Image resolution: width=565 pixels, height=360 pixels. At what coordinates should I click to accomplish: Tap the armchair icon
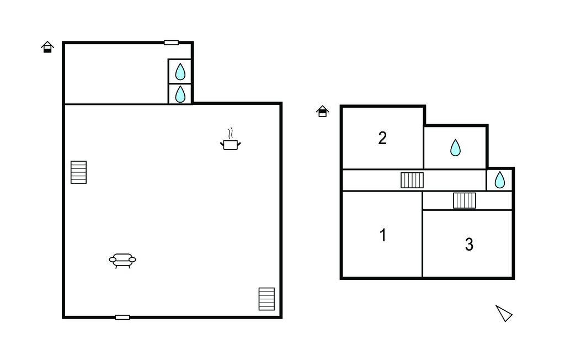point(122,261)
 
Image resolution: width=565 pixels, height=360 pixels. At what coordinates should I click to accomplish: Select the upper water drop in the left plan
point(180,72)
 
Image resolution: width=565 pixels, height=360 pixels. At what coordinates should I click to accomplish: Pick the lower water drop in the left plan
point(180,94)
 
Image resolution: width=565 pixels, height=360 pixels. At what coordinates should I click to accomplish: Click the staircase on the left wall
point(78,172)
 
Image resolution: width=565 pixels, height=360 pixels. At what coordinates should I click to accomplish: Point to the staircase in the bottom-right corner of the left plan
point(266,299)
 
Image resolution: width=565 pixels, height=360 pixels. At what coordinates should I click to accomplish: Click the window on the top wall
point(171,43)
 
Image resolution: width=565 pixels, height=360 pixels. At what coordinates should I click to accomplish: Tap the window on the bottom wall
point(122,317)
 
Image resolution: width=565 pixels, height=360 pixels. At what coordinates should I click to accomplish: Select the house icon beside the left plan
point(47,47)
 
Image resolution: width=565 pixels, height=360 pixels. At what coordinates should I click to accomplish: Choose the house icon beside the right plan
point(322,112)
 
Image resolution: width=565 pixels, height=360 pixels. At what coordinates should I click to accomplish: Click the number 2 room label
point(382,138)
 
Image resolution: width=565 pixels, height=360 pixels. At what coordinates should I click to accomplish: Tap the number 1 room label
point(383,235)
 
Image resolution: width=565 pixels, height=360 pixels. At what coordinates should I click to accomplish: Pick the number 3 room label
point(469,245)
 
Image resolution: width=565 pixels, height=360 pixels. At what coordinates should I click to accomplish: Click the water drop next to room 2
point(455,147)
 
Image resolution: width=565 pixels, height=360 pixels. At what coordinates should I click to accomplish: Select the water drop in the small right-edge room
point(500,179)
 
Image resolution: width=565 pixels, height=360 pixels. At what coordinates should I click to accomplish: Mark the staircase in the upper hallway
point(412,180)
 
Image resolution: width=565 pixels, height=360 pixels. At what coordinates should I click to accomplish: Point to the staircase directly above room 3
point(465,200)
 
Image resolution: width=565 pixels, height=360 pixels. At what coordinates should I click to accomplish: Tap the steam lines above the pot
point(231,134)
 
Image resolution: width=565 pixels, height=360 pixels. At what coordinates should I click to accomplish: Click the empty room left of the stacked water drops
point(116,74)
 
